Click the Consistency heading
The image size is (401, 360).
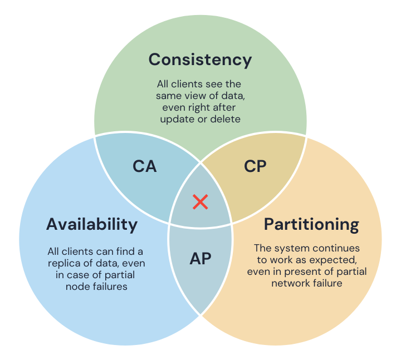coord(200,60)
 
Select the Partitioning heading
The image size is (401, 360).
coord(311,224)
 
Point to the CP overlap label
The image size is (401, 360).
coord(256,166)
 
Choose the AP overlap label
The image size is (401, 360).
coord(200,259)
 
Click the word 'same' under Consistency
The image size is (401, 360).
coord(170,96)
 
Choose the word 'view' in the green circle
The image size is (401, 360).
coord(197,96)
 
